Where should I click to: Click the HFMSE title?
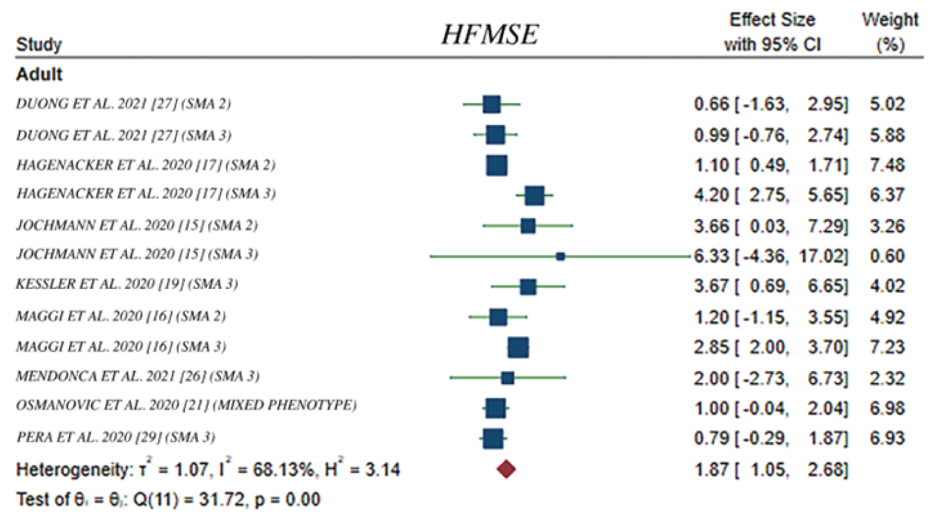point(490,34)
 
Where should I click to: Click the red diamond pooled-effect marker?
point(506,469)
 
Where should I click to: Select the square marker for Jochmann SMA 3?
point(560,256)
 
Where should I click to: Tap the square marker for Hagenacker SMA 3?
point(534,196)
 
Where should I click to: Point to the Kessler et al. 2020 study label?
point(126,284)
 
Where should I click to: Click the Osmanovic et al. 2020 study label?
point(186,405)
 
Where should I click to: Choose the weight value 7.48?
point(887,165)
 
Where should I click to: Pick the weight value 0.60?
point(887,256)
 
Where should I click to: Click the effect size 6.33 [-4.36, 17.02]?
point(770,256)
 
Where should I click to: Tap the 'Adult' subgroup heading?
point(39,74)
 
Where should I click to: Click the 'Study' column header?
point(38,45)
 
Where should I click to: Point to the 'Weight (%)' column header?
point(889,32)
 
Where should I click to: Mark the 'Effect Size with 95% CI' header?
point(772,32)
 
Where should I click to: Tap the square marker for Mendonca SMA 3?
point(507,378)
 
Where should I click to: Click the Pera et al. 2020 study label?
point(115,437)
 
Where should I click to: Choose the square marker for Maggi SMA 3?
point(518,347)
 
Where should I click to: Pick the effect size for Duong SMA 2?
point(770,104)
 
